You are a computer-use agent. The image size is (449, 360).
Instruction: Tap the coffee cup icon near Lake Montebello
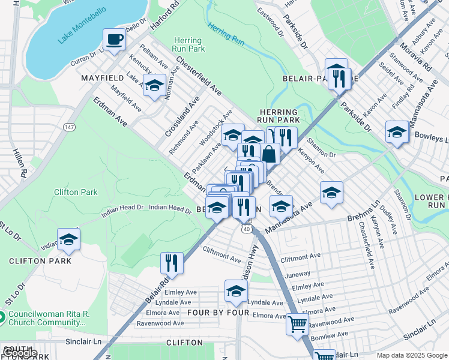[114, 40]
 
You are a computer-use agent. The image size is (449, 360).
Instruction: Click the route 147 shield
[70, 127]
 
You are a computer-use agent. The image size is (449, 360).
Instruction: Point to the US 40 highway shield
[246, 229]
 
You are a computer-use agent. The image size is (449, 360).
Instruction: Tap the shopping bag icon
[270, 154]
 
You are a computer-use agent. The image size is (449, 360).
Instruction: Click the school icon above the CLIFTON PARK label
[68, 240]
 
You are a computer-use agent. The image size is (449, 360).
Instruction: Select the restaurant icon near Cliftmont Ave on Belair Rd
[172, 263]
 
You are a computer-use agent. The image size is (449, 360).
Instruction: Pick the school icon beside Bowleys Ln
[397, 133]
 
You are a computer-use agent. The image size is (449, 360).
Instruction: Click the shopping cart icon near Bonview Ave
[298, 325]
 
